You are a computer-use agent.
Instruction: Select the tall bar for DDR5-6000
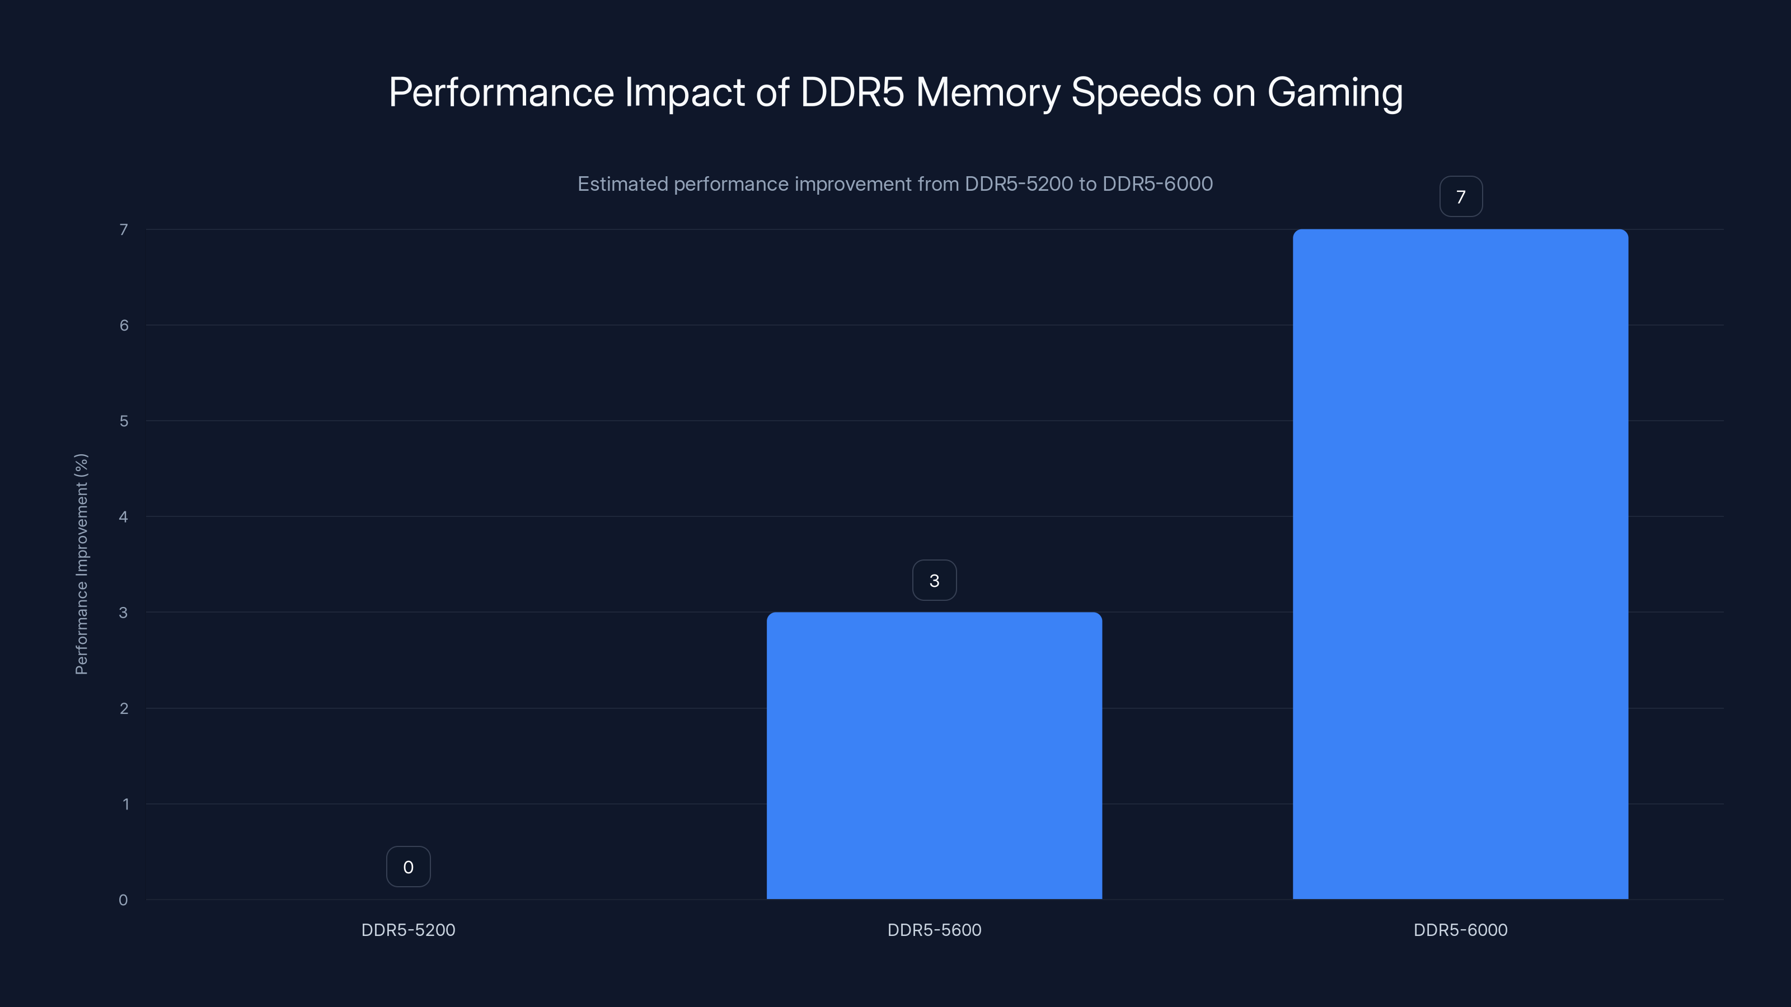pyautogui.click(x=1460, y=563)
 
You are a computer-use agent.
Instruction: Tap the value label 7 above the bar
pyautogui.click(x=1460, y=197)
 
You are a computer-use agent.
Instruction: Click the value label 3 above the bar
pyautogui.click(x=934, y=580)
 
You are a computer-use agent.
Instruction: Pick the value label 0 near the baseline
pyautogui.click(x=408, y=867)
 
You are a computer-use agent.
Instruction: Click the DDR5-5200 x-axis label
pyautogui.click(x=408, y=930)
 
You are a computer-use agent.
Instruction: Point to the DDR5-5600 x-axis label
pyautogui.click(x=934, y=930)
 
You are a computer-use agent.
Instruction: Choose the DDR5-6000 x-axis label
pyautogui.click(x=1460, y=930)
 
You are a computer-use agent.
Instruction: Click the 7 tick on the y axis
pyautogui.click(x=124, y=229)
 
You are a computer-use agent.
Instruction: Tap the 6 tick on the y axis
pyautogui.click(x=124, y=325)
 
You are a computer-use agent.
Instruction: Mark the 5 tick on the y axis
pyautogui.click(x=124, y=421)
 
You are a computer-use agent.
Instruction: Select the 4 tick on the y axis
pyautogui.click(x=124, y=516)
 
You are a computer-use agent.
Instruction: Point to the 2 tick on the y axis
pyautogui.click(x=124, y=708)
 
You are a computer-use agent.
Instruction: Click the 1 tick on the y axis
pyautogui.click(x=125, y=804)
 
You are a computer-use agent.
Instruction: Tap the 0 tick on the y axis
pyautogui.click(x=123, y=900)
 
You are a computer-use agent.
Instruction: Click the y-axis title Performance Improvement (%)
pyautogui.click(x=81, y=563)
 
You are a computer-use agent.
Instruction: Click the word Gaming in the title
pyautogui.click(x=1334, y=93)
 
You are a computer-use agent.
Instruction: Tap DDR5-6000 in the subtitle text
pyautogui.click(x=1157, y=184)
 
